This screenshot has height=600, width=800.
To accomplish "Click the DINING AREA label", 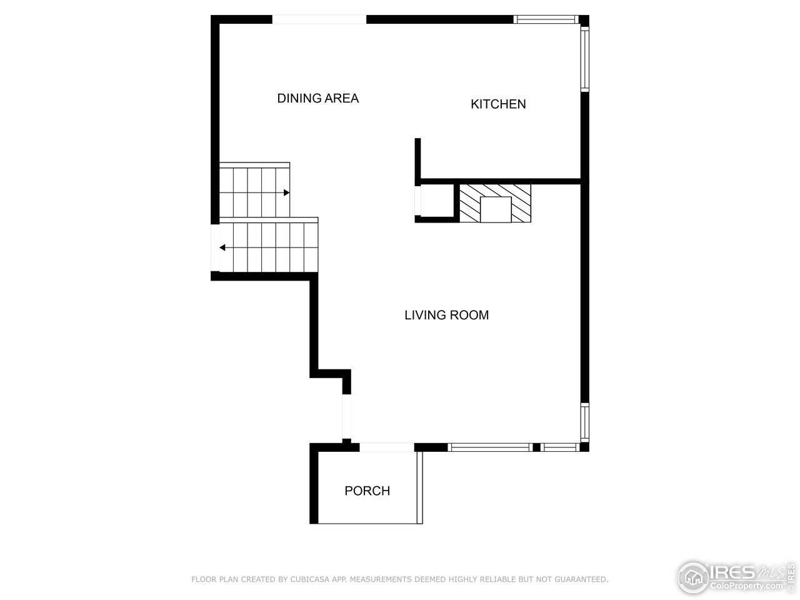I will pos(317,98).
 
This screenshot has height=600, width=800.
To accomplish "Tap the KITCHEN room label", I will pos(498,104).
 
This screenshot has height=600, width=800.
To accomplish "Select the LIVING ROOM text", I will pos(446,315).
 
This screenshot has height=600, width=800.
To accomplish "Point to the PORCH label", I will pos(367,491).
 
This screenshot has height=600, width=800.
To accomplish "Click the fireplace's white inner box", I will pos(496,209).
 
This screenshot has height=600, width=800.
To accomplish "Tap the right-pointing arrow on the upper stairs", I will pos(286,192).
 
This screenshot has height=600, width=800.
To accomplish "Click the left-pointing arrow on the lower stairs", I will pos(222,247).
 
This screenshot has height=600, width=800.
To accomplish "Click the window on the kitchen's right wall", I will pos(585,59).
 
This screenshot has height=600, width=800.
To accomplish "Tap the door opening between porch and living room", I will pos(386,447).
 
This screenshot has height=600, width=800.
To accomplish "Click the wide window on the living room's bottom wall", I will pos(490,447).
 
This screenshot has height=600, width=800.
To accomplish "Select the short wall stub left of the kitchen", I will pos(417,159).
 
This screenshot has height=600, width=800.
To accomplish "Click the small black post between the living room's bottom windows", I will pos(536,447).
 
